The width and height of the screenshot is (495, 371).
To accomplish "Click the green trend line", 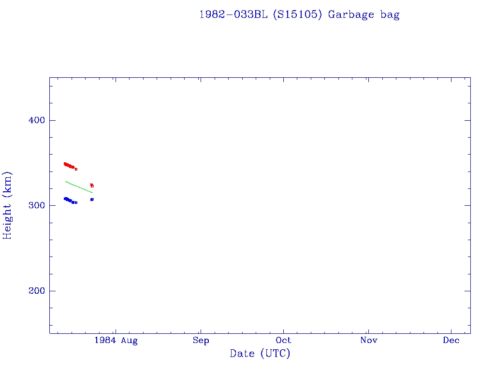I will point(78,187).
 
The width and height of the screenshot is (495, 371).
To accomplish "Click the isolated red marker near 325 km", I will point(91,185).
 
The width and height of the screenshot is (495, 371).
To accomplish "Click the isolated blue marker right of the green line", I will point(92,199).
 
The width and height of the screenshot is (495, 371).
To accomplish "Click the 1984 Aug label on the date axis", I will point(116,341).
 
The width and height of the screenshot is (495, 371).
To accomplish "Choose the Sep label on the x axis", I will point(201,341).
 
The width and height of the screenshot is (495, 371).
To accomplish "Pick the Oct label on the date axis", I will point(284,341).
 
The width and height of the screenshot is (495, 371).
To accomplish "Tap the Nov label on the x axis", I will point(368,341).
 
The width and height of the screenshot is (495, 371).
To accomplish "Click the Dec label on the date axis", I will point(451,341).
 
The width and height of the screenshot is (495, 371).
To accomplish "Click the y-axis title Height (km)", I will point(8,205).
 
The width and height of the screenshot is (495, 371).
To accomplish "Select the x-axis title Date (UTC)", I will point(260,354).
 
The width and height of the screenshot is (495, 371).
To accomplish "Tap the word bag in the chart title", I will point(390,14).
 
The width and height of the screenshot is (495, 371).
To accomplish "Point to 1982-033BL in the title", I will point(233,14).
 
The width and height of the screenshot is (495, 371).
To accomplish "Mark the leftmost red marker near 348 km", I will point(65,164).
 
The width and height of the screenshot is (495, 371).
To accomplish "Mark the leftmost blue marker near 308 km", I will point(65,199).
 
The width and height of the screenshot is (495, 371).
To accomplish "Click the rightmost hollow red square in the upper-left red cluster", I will point(76,169).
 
